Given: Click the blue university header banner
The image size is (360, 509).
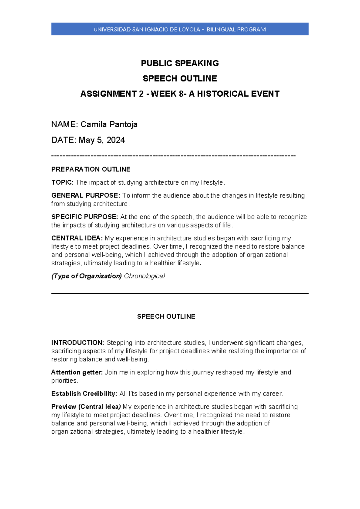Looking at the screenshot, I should [180, 29].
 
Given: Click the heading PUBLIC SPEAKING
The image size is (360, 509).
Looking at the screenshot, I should [180, 63].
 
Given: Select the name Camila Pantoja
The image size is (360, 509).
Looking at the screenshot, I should [109, 124].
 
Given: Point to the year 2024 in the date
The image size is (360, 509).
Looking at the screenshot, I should [116, 140].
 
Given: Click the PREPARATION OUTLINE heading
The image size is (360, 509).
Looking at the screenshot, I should [91, 169].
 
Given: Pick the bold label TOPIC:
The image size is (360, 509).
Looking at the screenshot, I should [62, 182].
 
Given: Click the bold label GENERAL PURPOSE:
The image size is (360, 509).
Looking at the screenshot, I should [85, 195].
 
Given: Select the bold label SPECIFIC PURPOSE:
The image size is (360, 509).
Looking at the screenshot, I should [85, 217].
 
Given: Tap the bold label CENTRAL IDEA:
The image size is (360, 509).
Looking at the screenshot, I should [77, 238].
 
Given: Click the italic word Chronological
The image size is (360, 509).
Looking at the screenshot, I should [144, 276].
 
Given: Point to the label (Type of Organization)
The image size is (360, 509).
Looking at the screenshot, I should [86, 276].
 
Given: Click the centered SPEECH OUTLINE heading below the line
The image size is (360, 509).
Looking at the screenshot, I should [166, 316].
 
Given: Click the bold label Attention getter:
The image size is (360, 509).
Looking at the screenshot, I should [77, 372].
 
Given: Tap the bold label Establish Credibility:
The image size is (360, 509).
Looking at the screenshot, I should [84, 394].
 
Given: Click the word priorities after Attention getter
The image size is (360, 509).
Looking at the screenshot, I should [64, 381].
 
